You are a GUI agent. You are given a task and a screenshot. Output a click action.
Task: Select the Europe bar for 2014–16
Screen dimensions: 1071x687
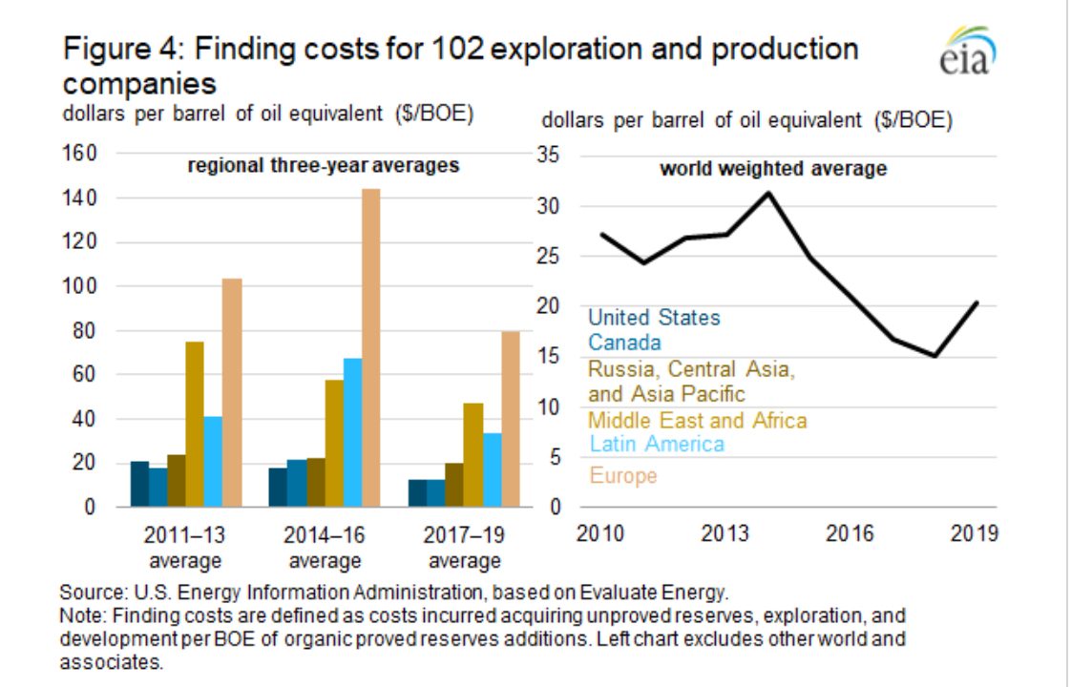point(371,347)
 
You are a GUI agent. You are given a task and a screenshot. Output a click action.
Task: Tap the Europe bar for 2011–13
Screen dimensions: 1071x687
point(232,393)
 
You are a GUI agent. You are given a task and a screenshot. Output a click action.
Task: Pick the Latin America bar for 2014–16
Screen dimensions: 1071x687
point(352,432)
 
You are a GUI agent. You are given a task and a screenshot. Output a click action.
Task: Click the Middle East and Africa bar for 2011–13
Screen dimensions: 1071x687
point(195,424)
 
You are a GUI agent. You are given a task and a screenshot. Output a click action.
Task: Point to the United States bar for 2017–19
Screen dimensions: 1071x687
point(417,493)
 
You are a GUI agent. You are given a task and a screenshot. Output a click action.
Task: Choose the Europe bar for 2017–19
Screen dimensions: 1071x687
point(511,419)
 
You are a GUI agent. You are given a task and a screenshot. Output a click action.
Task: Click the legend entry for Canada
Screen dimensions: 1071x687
point(624,343)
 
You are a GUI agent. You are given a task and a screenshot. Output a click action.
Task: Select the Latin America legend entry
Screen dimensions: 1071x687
point(657,444)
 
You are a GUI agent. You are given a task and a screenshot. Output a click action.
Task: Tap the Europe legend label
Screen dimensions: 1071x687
point(623,475)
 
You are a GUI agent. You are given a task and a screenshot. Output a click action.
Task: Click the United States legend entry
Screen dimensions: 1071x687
point(654,318)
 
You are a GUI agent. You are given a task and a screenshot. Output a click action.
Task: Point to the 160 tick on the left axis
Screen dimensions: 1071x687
point(80,153)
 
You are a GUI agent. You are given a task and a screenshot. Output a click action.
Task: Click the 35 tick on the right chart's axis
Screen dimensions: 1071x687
point(548,155)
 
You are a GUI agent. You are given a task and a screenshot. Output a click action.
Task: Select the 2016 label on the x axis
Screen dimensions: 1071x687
point(849,533)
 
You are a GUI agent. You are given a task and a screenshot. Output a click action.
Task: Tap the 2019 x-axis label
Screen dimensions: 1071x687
point(974,533)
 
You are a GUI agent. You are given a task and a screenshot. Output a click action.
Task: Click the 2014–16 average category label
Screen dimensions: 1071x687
point(325,548)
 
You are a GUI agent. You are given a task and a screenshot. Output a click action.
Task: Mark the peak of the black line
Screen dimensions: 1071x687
point(768,194)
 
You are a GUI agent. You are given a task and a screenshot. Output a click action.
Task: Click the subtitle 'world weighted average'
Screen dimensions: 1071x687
point(773,169)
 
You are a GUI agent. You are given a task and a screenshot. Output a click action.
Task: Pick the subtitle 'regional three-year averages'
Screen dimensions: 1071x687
point(323,165)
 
